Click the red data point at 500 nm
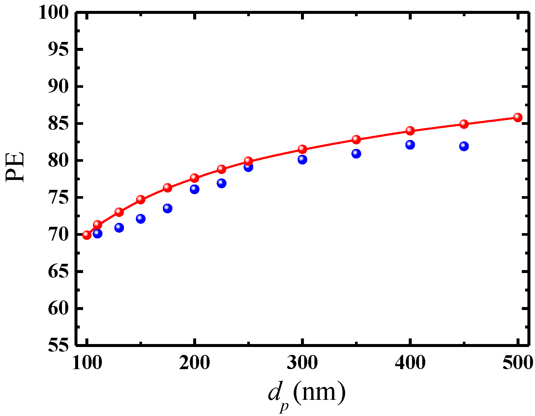(x=518, y=118)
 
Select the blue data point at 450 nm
(x=464, y=146)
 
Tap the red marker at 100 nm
(x=87, y=235)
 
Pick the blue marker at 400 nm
(x=410, y=145)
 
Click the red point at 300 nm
(x=302, y=149)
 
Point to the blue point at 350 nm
(x=356, y=154)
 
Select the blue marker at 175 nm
(x=167, y=208)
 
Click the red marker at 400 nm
(x=410, y=130)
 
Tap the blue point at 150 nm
(x=141, y=219)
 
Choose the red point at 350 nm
(x=356, y=139)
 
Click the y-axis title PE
(x=15, y=167)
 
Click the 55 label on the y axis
(x=59, y=345)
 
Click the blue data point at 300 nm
(x=302, y=160)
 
